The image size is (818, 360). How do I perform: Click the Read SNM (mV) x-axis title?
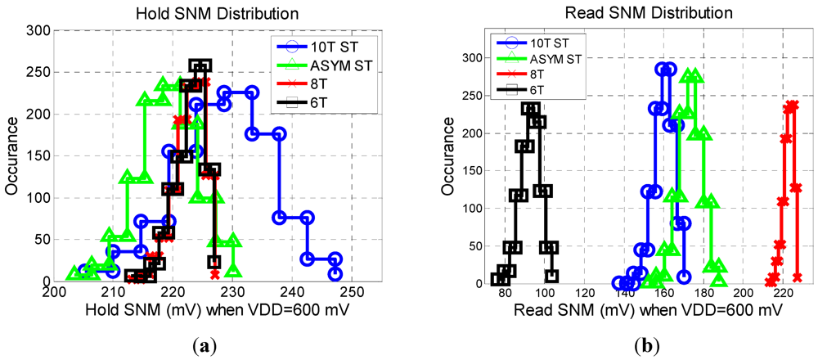click(x=644, y=311)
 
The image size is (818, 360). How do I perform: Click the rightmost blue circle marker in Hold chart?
click(x=335, y=275)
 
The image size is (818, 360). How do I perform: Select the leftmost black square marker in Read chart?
click(x=497, y=279)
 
